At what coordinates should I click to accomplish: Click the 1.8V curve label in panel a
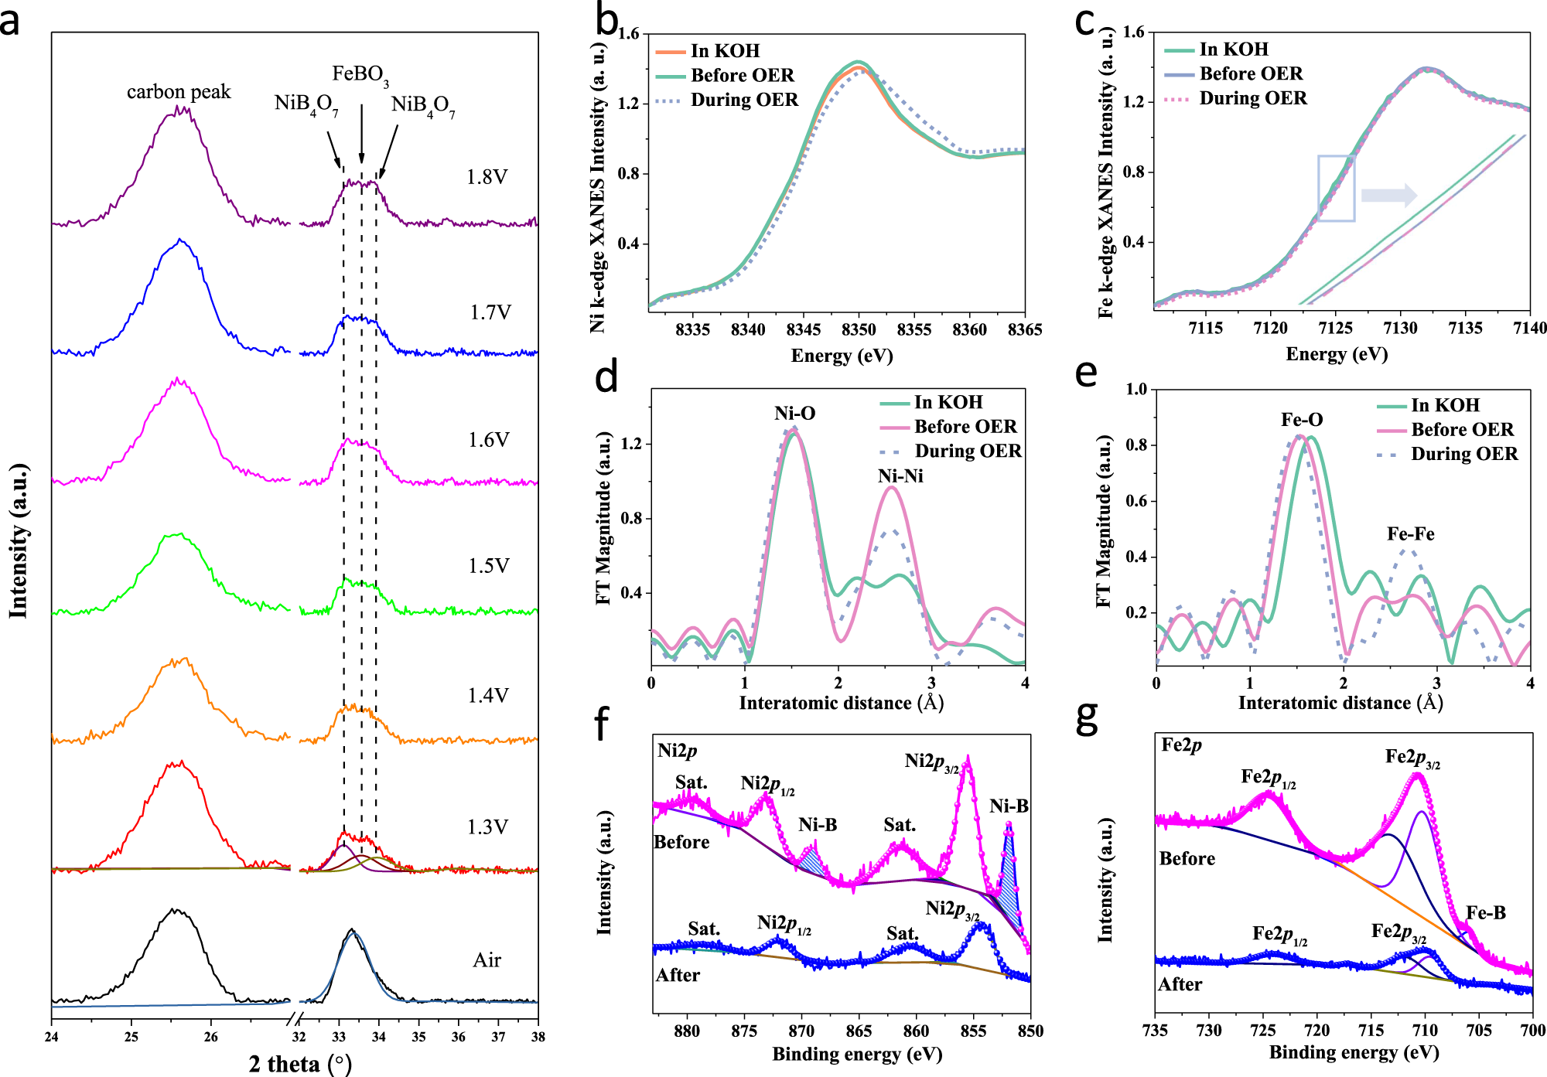(x=487, y=177)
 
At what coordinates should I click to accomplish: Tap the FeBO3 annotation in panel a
(x=360, y=75)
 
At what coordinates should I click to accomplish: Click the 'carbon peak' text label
(x=179, y=92)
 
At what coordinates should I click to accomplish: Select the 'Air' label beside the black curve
(x=487, y=960)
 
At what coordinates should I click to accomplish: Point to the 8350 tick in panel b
(x=859, y=329)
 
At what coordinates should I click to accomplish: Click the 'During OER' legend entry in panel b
(x=743, y=100)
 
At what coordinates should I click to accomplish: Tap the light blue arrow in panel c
(x=1388, y=195)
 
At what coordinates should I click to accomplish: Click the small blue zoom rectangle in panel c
(x=1336, y=188)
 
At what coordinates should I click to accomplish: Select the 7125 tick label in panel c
(x=1335, y=328)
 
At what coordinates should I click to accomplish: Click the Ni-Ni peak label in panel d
(x=900, y=476)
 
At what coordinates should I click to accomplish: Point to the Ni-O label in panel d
(x=794, y=414)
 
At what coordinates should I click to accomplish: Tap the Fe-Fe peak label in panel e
(x=1410, y=534)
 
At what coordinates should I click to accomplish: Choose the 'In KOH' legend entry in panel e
(x=1444, y=405)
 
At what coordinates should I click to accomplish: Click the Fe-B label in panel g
(x=1485, y=913)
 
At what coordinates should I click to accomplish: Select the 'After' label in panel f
(x=678, y=976)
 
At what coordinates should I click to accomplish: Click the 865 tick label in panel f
(x=859, y=1031)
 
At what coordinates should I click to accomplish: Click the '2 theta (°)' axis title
(x=300, y=1064)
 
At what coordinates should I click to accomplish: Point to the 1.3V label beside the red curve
(x=487, y=827)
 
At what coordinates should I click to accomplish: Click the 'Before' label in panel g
(x=1187, y=859)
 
